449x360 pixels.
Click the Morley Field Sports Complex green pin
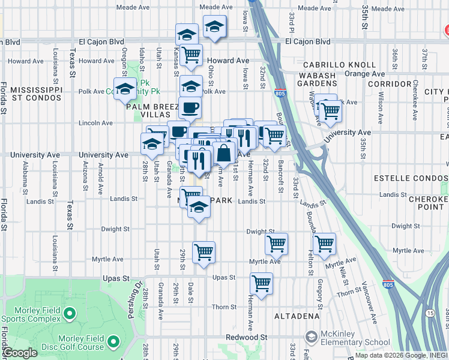[70, 313]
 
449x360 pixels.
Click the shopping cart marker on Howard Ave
[191, 55]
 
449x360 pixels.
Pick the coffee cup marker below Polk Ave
[190, 108]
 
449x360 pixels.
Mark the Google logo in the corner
[20, 353]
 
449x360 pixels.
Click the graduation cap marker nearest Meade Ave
[214, 26]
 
